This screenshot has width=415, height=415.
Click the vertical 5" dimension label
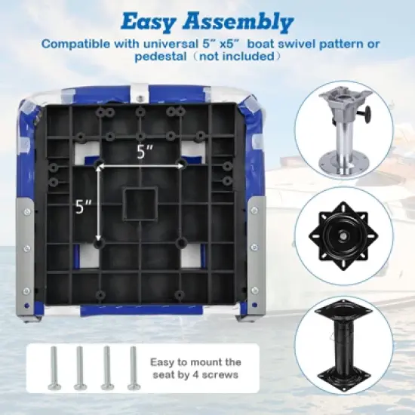point(85,204)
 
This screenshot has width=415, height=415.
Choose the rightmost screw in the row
point(132,367)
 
